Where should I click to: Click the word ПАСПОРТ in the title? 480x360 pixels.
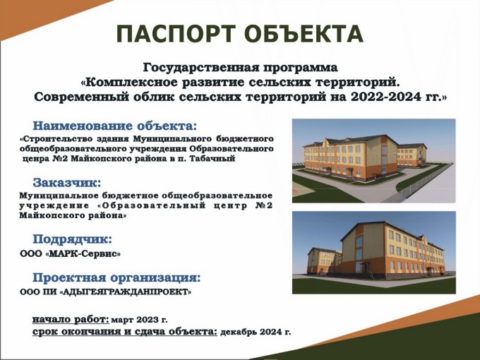click(x=176, y=34)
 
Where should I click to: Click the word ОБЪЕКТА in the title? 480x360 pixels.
click(x=304, y=34)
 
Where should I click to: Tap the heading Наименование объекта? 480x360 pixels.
click(x=115, y=126)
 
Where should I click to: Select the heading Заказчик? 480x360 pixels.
click(x=67, y=183)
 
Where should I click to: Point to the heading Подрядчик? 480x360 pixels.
click(x=72, y=239)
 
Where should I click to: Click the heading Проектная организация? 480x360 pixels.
click(x=116, y=278)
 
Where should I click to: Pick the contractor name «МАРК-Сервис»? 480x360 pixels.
click(x=83, y=254)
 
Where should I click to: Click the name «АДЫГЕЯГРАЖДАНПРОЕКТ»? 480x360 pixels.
click(x=125, y=292)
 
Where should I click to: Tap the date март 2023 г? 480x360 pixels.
click(x=140, y=320)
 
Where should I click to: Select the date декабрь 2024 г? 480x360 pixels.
click(x=256, y=332)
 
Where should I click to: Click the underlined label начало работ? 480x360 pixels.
click(x=71, y=320)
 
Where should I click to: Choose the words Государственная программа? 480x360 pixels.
click(x=240, y=68)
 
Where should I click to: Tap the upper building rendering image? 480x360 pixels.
click(x=374, y=161)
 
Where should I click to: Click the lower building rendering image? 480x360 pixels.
click(x=374, y=253)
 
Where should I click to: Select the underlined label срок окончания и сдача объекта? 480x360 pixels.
click(x=125, y=332)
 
